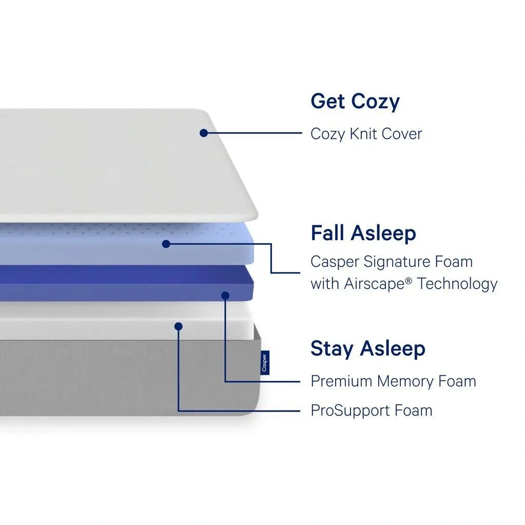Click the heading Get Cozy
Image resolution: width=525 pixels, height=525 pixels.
coord(355,102)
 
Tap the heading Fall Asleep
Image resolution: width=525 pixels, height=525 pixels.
coord(363,233)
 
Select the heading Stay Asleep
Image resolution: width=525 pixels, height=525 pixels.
coord(368,348)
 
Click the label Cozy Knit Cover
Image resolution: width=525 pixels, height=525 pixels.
coord(366,134)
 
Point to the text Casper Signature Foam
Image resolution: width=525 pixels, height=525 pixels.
coord(392,262)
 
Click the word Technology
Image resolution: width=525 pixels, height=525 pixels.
coord(457,284)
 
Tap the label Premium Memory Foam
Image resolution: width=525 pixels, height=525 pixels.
coord(394,381)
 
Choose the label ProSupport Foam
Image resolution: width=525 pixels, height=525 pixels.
coord(372,411)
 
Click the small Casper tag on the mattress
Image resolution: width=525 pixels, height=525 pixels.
coord(265,363)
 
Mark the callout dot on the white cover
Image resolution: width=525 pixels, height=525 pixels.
coord(204,133)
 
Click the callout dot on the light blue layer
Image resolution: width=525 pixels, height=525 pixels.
coord(166,244)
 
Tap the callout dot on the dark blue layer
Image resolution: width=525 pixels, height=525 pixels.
coord(225,295)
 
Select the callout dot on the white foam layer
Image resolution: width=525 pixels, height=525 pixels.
coord(179,326)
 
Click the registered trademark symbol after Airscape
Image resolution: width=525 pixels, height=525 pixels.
coord(409,281)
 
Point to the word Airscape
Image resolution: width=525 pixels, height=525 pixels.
coord(374,284)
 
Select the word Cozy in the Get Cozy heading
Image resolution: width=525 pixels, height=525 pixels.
coord(375,102)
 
